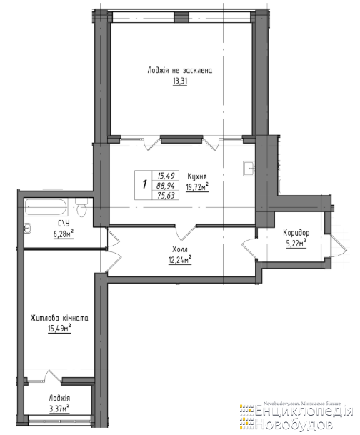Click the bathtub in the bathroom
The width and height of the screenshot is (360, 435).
tap(46, 206)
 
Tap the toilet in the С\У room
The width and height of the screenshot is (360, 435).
tap(81, 207)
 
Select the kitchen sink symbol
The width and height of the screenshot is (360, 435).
tap(249, 169)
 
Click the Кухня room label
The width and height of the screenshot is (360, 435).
tap(197, 176)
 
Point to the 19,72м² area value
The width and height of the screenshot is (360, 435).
tap(197, 186)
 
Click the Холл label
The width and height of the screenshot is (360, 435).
tap(180, 249)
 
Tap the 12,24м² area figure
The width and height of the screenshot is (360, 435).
tap(180, 260)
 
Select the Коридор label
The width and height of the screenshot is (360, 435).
tap(296, 232)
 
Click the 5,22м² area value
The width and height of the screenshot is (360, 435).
tap(296, 244)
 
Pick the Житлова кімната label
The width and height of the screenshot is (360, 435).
tap(59, 318)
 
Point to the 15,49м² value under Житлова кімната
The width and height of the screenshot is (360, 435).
tap(59, 329)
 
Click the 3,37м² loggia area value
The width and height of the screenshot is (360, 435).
tap(59, 409)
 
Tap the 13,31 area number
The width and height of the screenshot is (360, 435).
tap(180, 81)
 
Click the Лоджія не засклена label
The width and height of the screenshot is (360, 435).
tap(180, 70)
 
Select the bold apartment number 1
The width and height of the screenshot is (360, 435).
tap(144, 184)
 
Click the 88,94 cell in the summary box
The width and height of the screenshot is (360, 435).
tap(165, 186)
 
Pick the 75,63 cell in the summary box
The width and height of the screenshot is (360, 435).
tap(166, 196)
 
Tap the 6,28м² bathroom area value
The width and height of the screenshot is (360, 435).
tap(64, 234)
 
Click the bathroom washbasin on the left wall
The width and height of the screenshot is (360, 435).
tap(28, 229)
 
